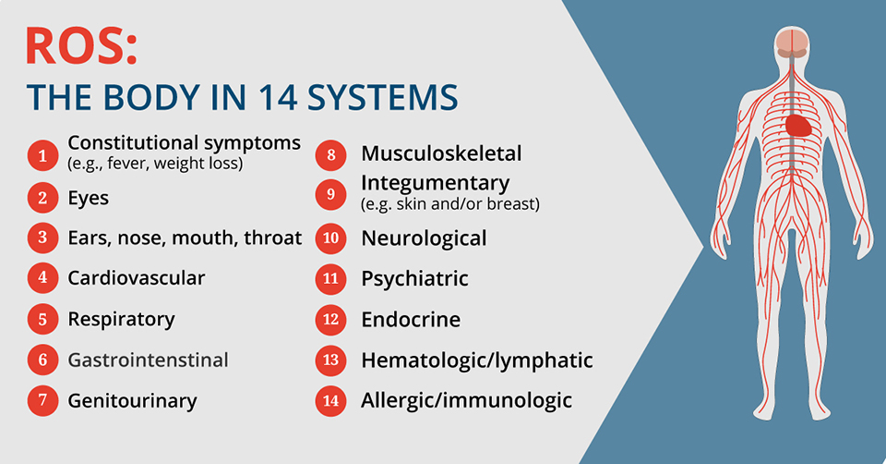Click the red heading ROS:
82,45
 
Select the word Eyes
88,198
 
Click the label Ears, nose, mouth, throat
185,238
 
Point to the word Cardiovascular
137,277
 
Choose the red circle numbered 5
42,320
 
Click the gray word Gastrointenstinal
148,360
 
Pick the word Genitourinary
132,400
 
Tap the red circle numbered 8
330,153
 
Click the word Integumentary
436,181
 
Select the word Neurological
424,238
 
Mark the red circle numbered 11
330,278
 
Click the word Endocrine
411,319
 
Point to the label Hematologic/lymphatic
476,360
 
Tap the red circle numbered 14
330,400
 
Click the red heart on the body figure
799,124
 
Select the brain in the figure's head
789,42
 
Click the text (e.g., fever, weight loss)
155,165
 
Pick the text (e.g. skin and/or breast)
450,203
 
